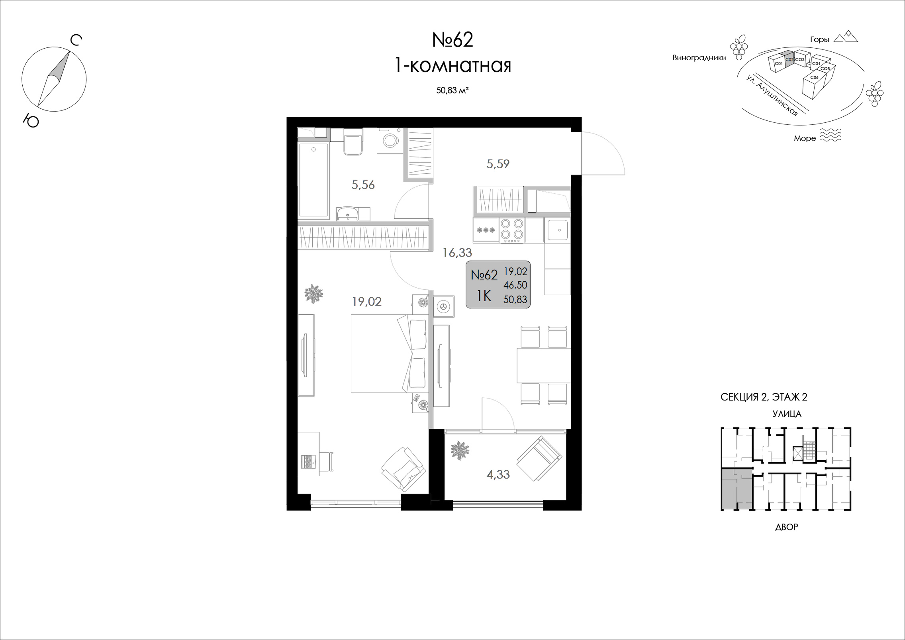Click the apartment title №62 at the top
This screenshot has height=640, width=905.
[x=453, y=40]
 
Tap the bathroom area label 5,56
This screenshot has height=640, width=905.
[x=363, y=185]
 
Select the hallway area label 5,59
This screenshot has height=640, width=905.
[x=498, y=164]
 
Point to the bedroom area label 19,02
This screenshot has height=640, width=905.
[x=366, y=302]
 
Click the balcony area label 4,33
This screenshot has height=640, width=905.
[x=498, y=475]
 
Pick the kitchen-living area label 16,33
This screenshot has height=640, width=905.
[x=457, y=253]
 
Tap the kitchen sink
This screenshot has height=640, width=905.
[x=557, y=230]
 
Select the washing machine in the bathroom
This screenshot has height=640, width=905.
[x=390, y=140]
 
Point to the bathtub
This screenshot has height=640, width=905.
[x=313, y=181]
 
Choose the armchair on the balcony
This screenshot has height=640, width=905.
[x=539, y=459]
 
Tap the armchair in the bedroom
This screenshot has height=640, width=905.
[x=402, y=469]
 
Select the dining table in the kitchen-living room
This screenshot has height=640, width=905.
[x=543, y=365]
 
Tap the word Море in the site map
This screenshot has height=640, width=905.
[x=805, y=138]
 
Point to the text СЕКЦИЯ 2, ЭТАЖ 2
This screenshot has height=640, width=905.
[x=764, y=397]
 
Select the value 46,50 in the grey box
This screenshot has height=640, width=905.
[x=515, y=285]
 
